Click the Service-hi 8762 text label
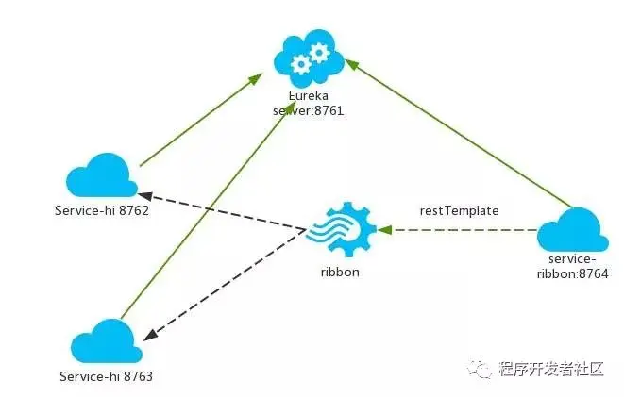click(x=102, y=209)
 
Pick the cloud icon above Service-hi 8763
click(x=106, y=340)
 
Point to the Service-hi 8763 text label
click(x=105, y=375)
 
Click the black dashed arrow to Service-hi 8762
click(x=227, y=208)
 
